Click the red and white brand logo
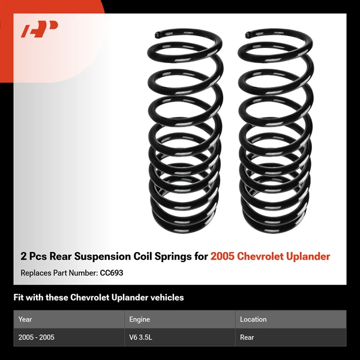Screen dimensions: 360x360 tap(40, 29)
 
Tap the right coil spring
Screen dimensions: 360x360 tap(274, 132)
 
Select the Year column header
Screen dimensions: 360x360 tap(25, 319)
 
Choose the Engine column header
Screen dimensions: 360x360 tap(139, 319)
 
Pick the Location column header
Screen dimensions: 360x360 tap(253, 319)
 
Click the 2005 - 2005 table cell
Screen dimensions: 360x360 tap(37, 337)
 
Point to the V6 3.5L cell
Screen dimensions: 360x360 tap(141, 337)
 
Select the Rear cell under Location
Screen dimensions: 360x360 tap(247, 337)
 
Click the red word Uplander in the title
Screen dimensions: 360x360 tap(308, 256)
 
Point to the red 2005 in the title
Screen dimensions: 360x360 tap(222, 256)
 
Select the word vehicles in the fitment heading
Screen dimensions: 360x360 tap(166, 297)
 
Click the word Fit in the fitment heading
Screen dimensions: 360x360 tap(19, 297)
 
